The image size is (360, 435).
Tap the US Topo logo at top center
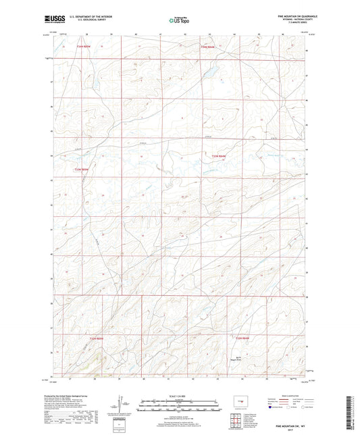179,20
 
